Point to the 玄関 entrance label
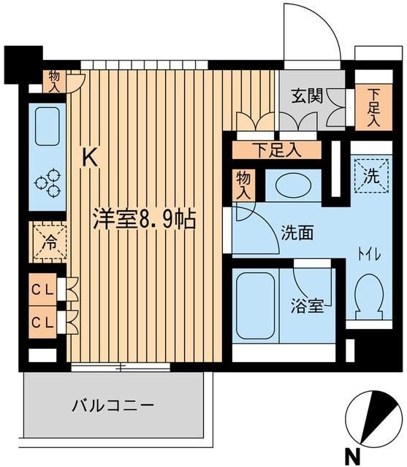point(308,98)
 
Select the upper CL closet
point(45,288)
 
